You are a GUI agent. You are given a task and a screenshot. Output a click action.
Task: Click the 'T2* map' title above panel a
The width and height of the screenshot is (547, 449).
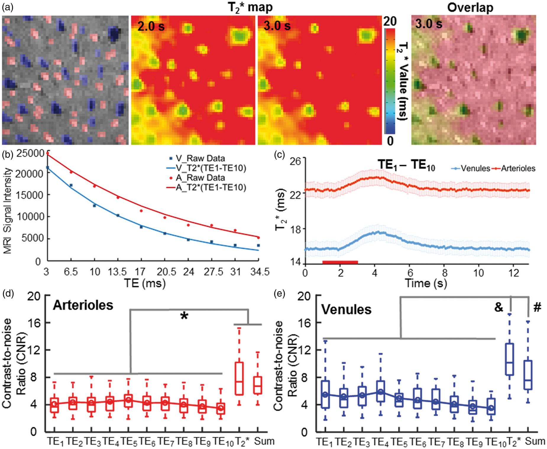pos(250,7)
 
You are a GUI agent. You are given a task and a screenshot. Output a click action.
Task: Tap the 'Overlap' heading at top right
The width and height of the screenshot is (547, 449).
pos(470,7)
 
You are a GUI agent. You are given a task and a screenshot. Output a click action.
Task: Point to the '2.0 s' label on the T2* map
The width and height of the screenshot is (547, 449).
pos(151,26)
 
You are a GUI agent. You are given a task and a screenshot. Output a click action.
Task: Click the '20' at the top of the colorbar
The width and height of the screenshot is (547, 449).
pos(390,21)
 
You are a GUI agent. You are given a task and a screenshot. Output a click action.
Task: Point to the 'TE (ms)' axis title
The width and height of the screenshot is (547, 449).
pos(145,283)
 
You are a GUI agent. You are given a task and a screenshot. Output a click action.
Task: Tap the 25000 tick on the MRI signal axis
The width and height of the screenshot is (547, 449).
pos(30,153)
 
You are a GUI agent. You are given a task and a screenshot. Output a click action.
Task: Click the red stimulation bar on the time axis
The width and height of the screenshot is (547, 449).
pos(340,262)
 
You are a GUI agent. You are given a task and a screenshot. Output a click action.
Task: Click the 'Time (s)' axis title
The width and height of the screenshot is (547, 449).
pos(426,283)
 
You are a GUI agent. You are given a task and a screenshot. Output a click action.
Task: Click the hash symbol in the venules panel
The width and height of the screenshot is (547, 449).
pos(537,307)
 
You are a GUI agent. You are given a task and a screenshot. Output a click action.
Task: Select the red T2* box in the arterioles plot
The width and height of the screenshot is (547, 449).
pos(239,379)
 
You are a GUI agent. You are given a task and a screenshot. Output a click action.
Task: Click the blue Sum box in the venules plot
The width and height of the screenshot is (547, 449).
pos(528,375)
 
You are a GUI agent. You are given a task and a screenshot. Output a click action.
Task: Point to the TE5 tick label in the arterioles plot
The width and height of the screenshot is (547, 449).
pos(129,441)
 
